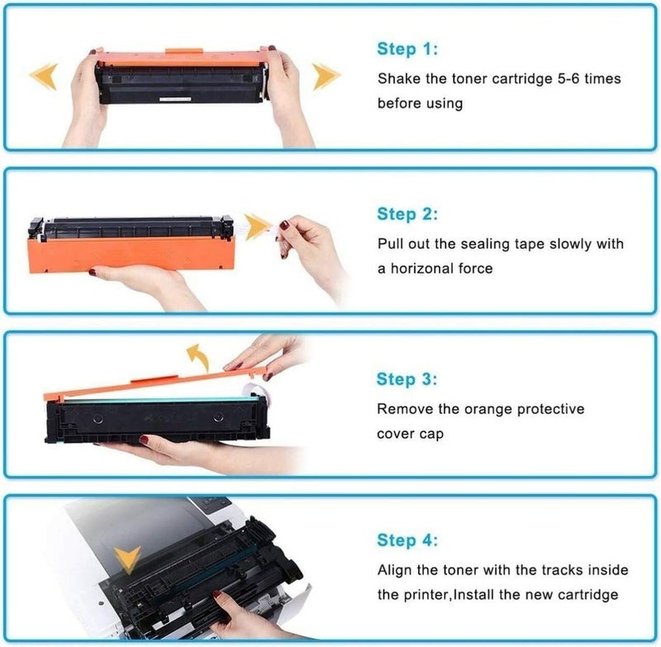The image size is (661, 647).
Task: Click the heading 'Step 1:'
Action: point(408,49)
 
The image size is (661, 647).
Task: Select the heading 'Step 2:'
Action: point(408,214)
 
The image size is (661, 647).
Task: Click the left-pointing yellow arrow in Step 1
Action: point(43,77)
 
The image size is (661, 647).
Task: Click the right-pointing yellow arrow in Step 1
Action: point(326,77)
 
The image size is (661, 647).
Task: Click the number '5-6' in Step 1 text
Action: point(561,78)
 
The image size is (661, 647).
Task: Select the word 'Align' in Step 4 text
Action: point(395,570)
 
